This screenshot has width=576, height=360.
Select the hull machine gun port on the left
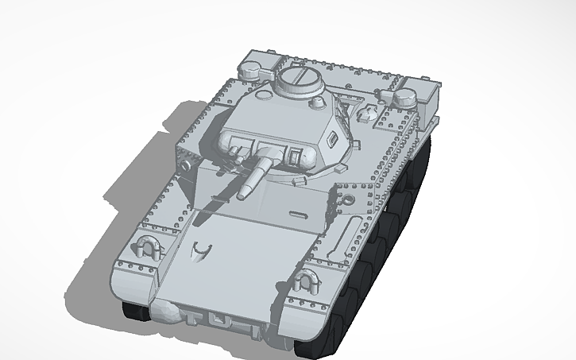(185, 165)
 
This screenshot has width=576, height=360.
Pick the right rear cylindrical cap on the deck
(405, 96)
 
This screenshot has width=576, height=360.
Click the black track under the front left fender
(135, 310)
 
